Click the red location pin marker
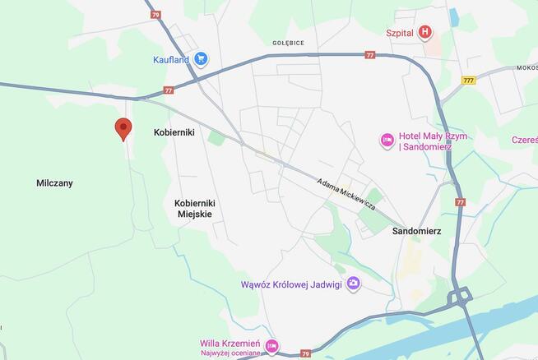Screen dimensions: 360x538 (123, 127)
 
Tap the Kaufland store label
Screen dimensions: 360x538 (171, 59)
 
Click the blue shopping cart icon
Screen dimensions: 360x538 (202, 58)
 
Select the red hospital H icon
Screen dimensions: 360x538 (424, 33)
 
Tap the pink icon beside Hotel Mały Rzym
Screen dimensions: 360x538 (387, 141)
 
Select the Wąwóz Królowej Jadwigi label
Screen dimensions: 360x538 (292, 284)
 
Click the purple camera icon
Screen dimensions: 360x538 (353, 284)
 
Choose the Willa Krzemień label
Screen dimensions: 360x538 (230, 344)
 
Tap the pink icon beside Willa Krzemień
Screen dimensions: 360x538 (271, 347)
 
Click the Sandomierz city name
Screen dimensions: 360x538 (416, 231)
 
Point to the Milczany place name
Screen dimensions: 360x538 (54, 183)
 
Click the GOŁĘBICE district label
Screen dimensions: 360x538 (288, 42)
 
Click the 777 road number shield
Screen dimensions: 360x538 (469, 81)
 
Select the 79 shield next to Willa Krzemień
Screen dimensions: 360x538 (306, 354)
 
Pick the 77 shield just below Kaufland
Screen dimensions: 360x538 (169, 90)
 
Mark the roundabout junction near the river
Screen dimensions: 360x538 (459, 296)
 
